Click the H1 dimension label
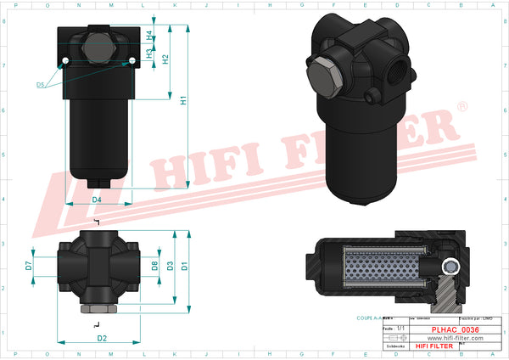[184, 101]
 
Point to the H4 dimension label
[149, 37]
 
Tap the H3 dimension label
[149, 53]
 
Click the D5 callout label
[41, 85]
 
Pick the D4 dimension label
[97, 200]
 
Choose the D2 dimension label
[102, 338]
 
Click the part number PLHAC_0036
[456, 329]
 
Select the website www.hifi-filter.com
[456, 338]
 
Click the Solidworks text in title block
[394, 346]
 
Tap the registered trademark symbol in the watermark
[461, 107]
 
